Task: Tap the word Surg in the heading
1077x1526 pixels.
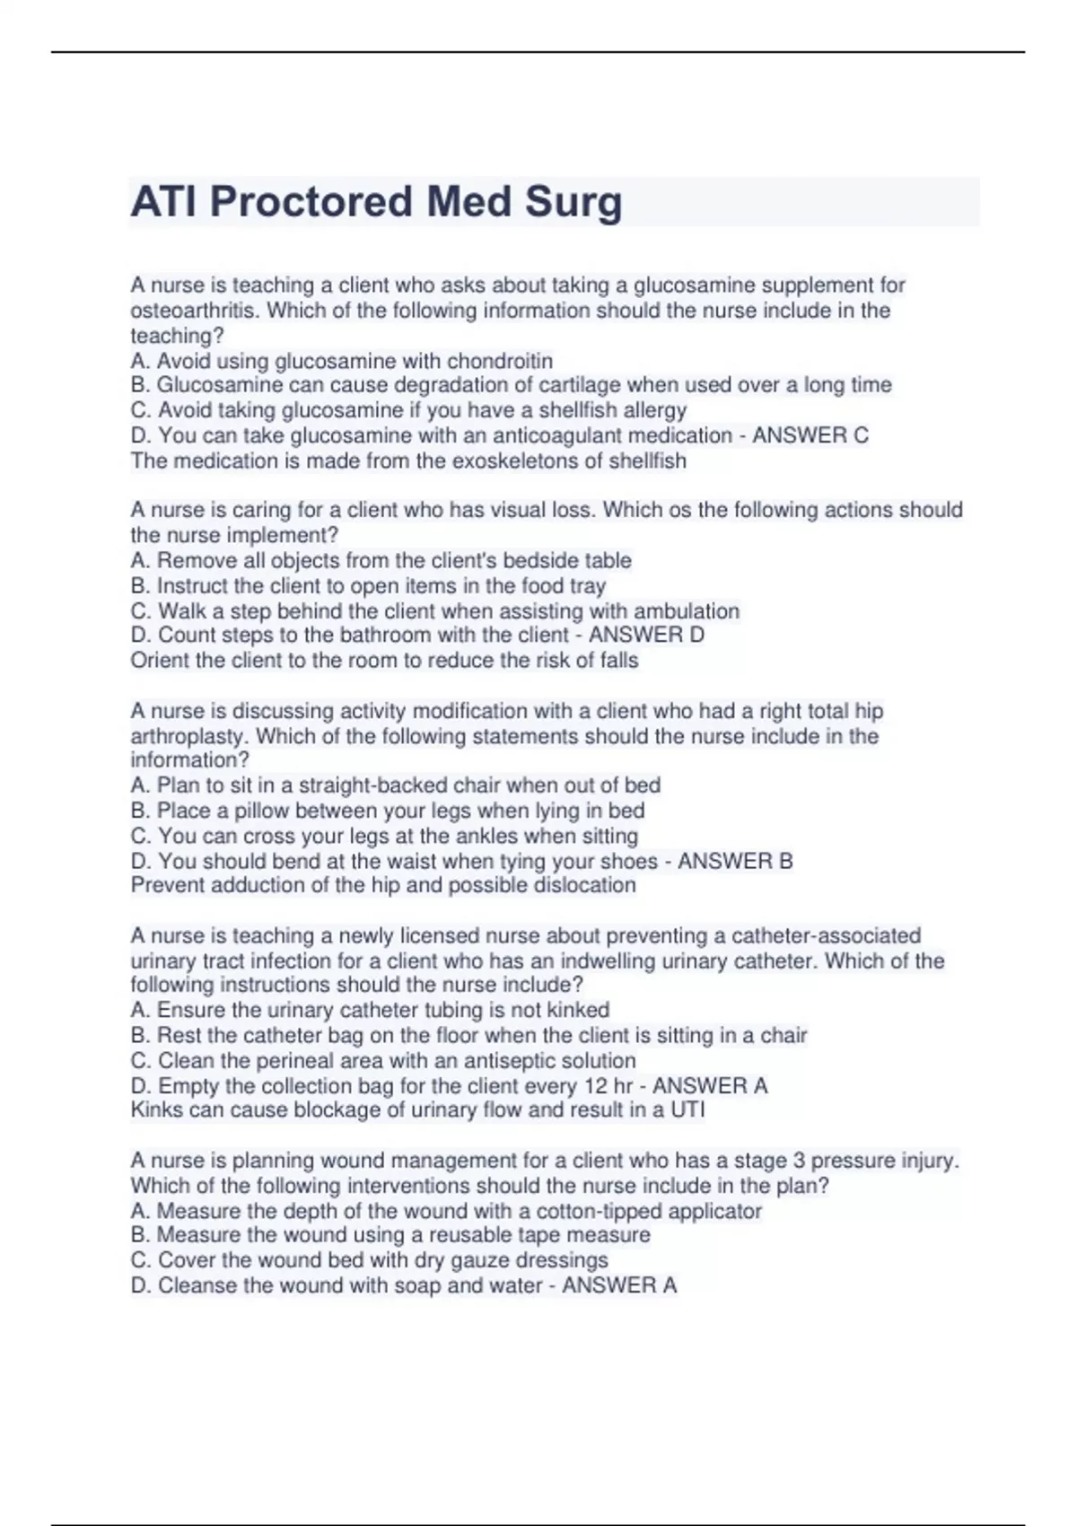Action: click(x=574, y=201)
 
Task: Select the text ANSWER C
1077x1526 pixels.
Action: click(x=810, y=435)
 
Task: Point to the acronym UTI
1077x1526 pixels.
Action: click(x=687, y=1109)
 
